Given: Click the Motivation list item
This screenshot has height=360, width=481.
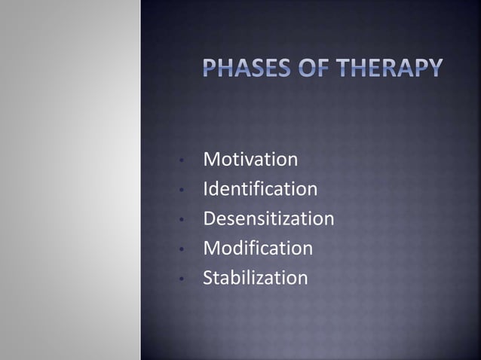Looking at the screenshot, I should tap(250, 160).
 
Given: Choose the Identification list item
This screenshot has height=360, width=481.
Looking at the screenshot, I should tap(260, 189).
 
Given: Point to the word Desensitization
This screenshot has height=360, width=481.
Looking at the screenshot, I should tap(268, 218).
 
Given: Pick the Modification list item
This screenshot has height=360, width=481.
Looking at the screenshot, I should tap(258, 248).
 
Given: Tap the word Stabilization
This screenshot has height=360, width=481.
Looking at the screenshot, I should tap(256, 278).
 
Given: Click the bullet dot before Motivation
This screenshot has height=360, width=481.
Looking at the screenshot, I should tap(182, 161).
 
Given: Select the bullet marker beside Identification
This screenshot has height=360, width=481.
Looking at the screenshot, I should tap(182, 191).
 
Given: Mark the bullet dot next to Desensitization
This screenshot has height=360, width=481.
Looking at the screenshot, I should tap(182, 220).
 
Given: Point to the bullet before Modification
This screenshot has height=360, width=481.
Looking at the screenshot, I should tap(182, 249).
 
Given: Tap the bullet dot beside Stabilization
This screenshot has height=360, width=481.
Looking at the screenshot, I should tap(182, 279).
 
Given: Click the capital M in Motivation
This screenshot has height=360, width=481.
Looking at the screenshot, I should tap(212, 160).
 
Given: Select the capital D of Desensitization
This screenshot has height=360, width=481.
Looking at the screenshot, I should tap(210, 218).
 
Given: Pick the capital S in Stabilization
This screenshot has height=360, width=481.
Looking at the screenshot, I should tap(209, 278).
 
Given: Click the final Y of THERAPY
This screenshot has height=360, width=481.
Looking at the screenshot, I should tap(434, 72).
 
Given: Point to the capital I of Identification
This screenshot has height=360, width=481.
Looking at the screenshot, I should tap(206, 189).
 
